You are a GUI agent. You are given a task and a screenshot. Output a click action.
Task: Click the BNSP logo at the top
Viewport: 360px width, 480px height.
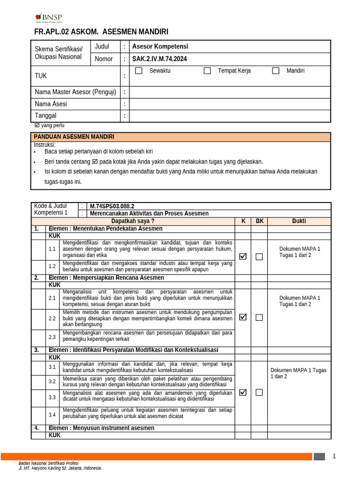tap(48, 18)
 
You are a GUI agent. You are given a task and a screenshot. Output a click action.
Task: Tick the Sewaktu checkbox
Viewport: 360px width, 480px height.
tap(139, 71)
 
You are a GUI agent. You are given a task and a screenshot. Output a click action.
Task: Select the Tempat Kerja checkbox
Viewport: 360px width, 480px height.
tap(207, 71)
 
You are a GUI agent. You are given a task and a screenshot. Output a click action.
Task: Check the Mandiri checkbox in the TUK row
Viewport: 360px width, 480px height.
tap(276, 71)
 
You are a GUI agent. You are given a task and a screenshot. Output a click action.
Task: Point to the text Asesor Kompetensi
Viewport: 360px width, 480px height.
tap(160, 46)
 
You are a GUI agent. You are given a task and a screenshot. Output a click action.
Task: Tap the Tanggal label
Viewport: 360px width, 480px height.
tap(45, 116)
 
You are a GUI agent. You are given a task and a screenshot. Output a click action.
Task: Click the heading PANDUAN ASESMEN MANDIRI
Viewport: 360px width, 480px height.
tap(74, 137)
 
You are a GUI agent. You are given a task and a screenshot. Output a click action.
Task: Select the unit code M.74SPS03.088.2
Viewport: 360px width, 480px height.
tap(112, 206)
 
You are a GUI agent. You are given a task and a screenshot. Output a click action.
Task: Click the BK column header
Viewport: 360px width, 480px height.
tap(259, 221)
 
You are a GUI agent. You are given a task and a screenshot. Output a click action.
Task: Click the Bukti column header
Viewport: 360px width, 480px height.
tap(299, 221)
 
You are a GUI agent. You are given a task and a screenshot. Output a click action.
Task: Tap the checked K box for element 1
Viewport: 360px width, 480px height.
tap(243, 256)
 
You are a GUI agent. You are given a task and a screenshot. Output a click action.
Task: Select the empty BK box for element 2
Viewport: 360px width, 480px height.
tap(259, 317)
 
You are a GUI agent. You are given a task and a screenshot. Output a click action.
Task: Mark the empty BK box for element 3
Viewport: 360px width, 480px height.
tap(259, 393)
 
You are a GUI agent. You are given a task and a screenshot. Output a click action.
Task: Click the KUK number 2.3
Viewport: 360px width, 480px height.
tap(52, 337)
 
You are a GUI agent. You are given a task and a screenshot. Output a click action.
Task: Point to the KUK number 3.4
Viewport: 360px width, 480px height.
tap(52, 415)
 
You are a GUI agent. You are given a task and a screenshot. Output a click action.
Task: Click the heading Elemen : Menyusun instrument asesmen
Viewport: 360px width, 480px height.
tap(101, 428)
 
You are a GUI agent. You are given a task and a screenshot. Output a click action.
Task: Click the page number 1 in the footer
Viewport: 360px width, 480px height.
tap(334, 456)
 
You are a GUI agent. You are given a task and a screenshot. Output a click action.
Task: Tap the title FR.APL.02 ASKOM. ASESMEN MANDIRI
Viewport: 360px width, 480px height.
tap(101, 32)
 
